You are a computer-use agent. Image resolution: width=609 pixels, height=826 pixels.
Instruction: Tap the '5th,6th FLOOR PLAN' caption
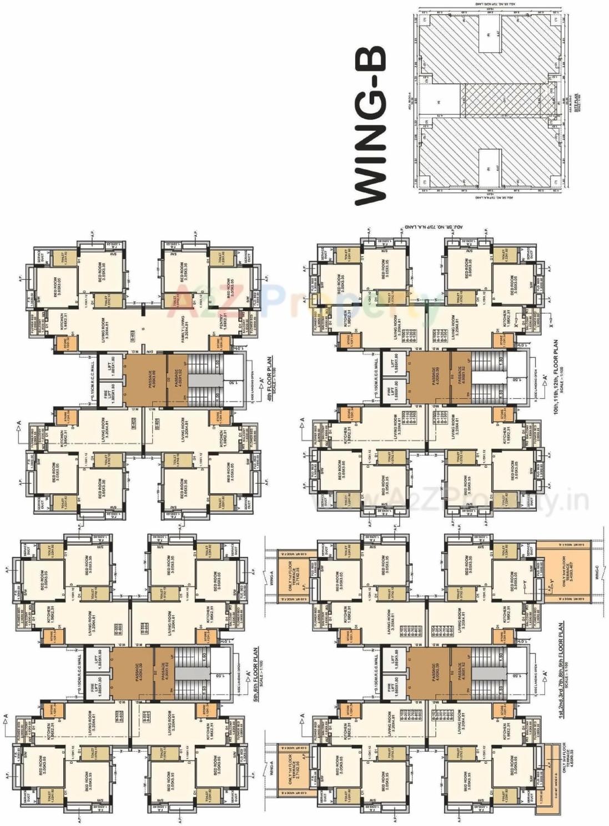[x=257, y=674]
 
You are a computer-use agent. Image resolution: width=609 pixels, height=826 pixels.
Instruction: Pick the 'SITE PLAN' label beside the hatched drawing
[x=577, y=103]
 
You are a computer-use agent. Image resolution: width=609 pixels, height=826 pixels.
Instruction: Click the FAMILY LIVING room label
[x=184, y=327]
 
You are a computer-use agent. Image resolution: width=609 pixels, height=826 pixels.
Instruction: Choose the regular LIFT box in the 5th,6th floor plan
[x=99, y=658]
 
